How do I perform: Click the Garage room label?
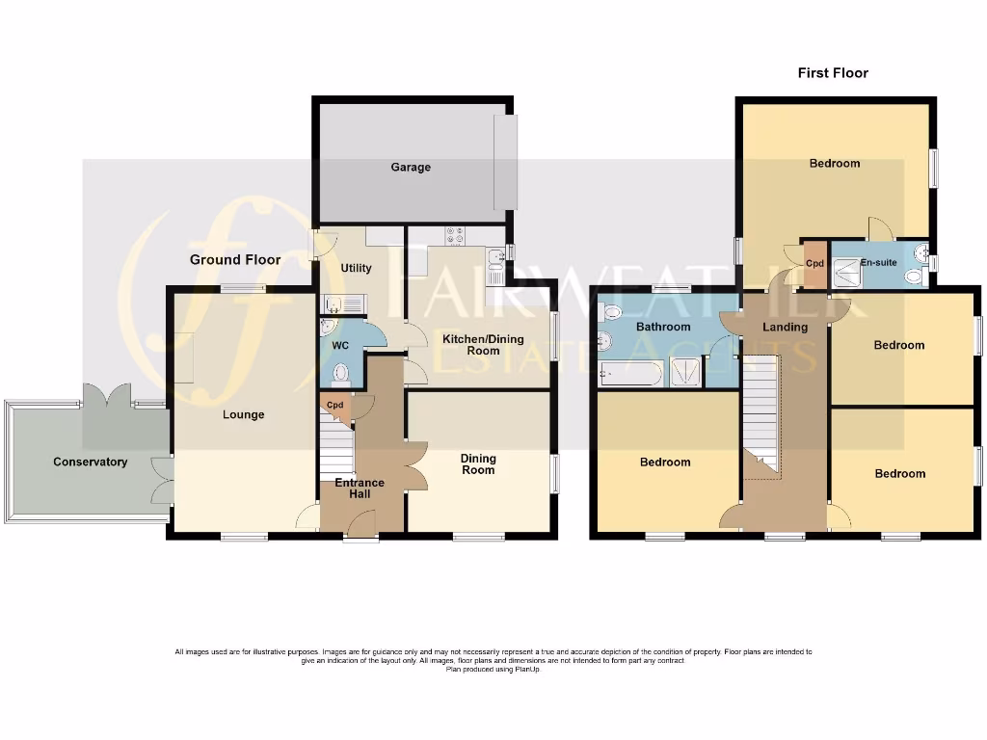tap(411, 168)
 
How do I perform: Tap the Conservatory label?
tap(91, 462)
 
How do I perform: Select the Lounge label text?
tap(244, 415)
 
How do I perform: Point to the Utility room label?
tap(357, 269)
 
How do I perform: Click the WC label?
tap(339, 345)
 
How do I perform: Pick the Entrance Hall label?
tap(360, 489)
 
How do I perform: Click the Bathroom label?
tap(663, 328)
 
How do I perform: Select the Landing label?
tap(785, 328)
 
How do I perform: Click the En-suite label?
tap(878, 262)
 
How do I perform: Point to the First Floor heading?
tap(833, 73)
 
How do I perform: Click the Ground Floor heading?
tap(235, 260)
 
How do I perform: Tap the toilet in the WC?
tap(339, 373)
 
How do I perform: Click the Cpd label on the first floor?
tap(814, 263)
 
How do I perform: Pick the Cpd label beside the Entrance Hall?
tap(334, 406)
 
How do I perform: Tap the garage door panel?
tap(505, 162)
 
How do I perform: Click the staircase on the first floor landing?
tap(762, 414)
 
